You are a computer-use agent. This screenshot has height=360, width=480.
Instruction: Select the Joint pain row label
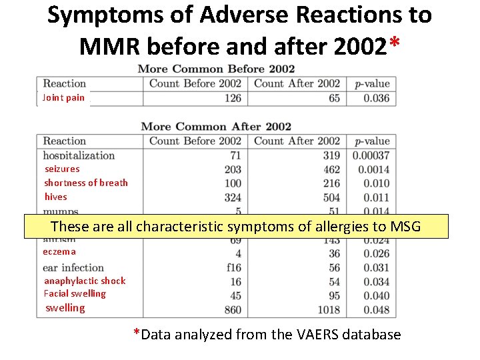pyautogui.click(x=63, y=98)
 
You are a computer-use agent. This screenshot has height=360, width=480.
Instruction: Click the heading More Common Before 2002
pyautogui.click(x=216, y=69)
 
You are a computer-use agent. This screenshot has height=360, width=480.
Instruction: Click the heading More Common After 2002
pyautogui.click(x=216, y=127)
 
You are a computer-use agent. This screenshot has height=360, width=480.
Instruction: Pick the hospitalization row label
pyautogui.click(x=79, y=155)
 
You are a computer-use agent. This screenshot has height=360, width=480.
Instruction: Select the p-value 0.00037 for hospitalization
pyautogui.click(x=371, y=155)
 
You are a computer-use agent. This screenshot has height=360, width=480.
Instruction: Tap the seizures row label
pyautogui.click(x=61, y=169)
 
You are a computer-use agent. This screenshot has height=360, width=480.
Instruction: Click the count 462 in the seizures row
pyautogui.click(x=331, y=169)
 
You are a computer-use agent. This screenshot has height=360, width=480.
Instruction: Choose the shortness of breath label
pyautogui.click(x=85, y=183)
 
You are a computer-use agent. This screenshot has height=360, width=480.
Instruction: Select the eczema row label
pyautogui.click(x=59, y=252)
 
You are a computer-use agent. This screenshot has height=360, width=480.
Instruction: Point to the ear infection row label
pyautogui.click(x=73, y=267)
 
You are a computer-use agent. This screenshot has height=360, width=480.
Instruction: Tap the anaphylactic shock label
pyautogui.click(x=84, y=281)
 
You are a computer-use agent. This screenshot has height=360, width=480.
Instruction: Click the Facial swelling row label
pyautogui.click(x=75, y=293)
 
